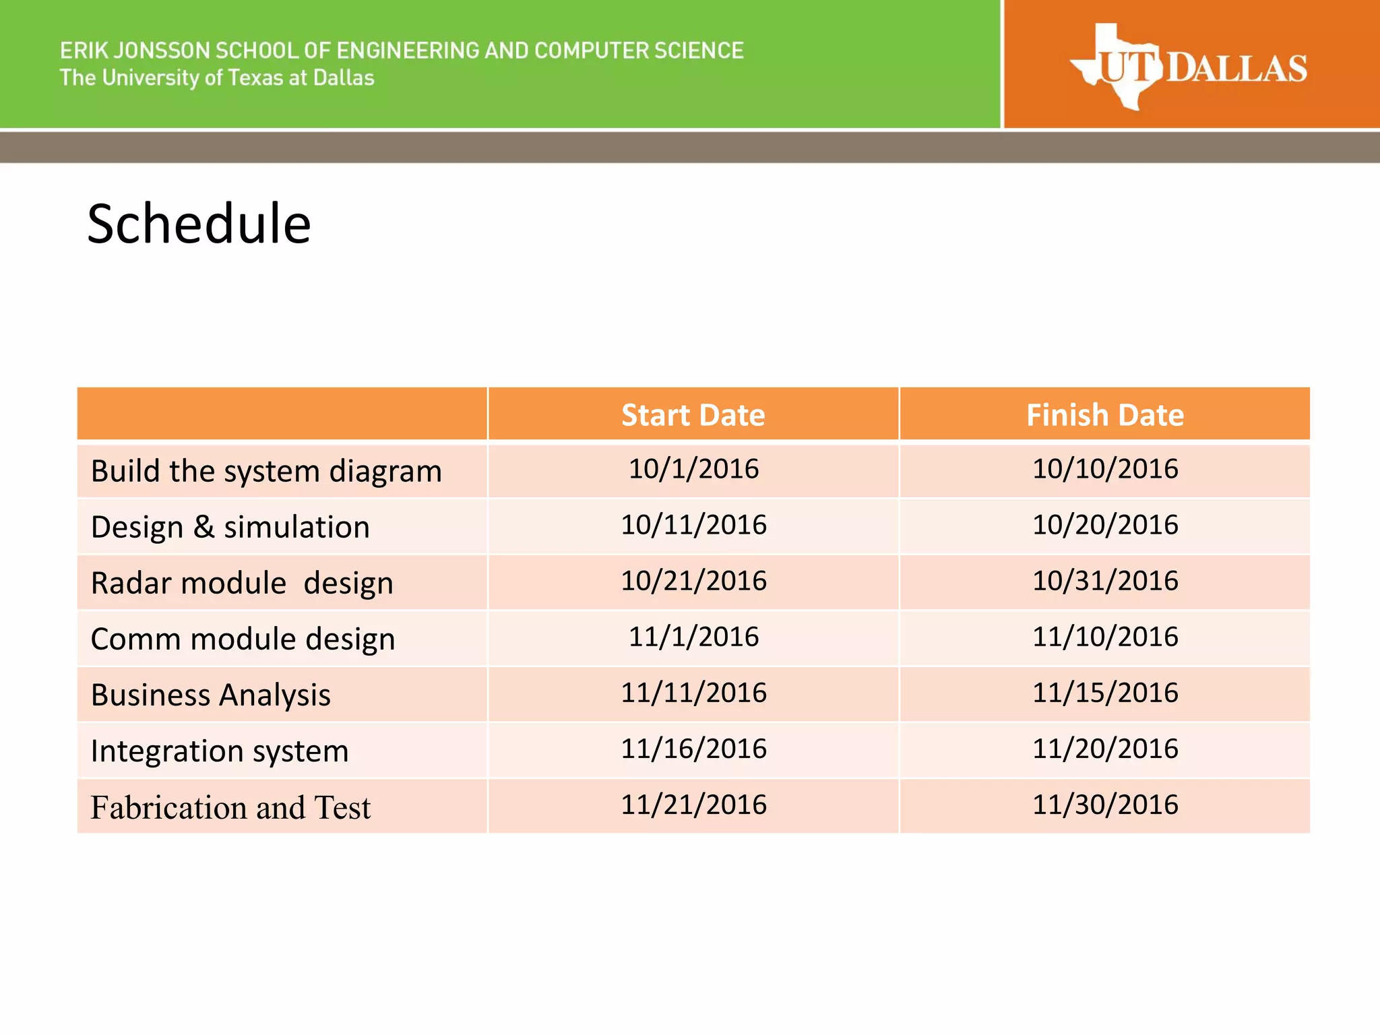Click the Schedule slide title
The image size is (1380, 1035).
[199, 224]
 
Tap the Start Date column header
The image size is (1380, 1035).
[693, 415]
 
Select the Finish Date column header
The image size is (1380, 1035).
[1104, 415]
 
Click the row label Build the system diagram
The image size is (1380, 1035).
[266, 471]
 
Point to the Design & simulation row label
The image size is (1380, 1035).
[230, 527]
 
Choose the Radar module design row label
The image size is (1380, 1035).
[242, 583]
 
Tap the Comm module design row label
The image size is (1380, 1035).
[243, 639]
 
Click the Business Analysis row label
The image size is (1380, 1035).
[210, 695]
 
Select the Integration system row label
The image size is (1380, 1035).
[220, 751]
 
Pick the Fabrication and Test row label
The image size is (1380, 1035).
[230, 807]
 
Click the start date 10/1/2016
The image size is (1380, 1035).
[693, 469]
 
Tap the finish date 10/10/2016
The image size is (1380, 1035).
[1105, 469]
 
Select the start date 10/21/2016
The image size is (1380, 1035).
[693, 581]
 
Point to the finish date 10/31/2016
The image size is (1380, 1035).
[1105, 581]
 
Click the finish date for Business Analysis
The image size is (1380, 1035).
[1105, 693]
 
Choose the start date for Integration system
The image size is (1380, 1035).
[693, 749]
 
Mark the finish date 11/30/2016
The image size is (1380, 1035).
[1105, 805]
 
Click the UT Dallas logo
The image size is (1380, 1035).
[1188, 67]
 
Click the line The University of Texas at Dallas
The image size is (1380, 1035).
[217, 78]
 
